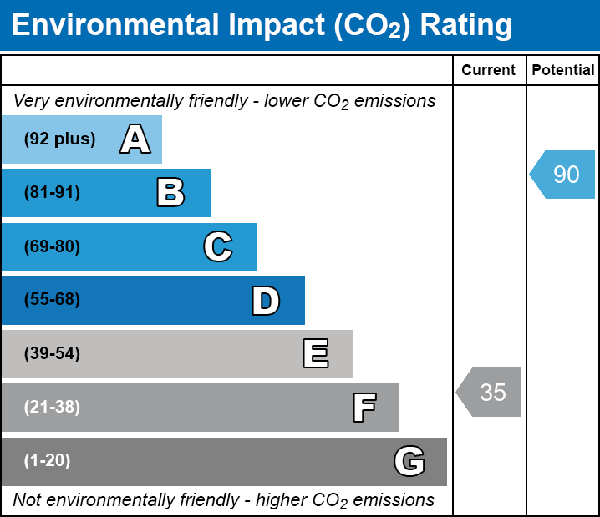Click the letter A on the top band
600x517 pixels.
(x=135, y=139)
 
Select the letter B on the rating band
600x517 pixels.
(x=170, y=193)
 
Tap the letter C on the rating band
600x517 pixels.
(x=217, y=247)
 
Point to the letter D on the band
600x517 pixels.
(x=266, y=301)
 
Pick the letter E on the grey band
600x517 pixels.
(x=315, y=354)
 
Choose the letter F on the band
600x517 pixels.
(x=364, y=408)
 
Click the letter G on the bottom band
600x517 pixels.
(x=409, y=461)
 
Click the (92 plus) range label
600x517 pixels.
(x=59, y=139)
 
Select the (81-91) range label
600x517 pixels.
(x=52, y=193)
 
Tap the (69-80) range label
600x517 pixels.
(x=52, y=247)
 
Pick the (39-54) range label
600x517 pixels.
(x=52, y=354)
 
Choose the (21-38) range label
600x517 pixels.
(x=52, y=408)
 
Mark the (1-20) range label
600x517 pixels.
(x=48, y=461)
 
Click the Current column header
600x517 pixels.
(x=488, y=71)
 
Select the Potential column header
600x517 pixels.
(x=563, y=71)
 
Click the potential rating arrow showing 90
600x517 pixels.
(x=564, y=175)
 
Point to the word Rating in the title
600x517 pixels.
(x=465, y=26)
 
